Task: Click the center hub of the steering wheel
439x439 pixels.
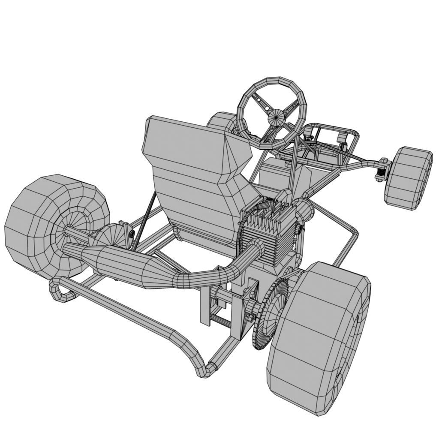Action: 277,117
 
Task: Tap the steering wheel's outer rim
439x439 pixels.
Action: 271,81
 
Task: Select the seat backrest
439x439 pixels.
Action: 193,171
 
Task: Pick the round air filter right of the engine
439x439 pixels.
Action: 305,210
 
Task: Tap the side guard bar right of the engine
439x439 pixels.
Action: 345,240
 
